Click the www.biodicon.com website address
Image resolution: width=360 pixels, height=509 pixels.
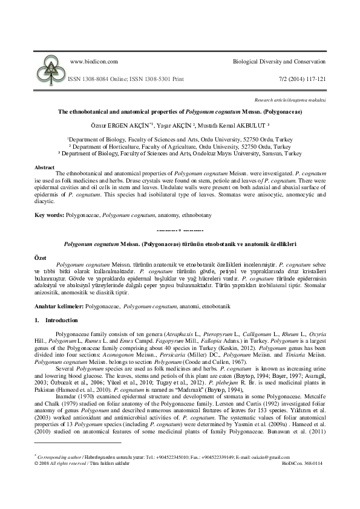[94, 62]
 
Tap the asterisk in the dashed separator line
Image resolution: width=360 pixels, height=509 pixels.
[180, 230]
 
